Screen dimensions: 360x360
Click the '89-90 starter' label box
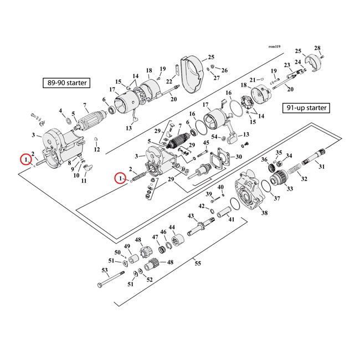[67, 84]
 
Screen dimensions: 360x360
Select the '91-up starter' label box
[305, 107]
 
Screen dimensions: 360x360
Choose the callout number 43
[191, 215]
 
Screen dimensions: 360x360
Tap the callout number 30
[239, 157]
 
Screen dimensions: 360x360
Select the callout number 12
[96, 150]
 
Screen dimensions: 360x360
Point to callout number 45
[205, 143]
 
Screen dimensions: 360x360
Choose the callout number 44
[172, 228]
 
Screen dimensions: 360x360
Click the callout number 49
[127, 246]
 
